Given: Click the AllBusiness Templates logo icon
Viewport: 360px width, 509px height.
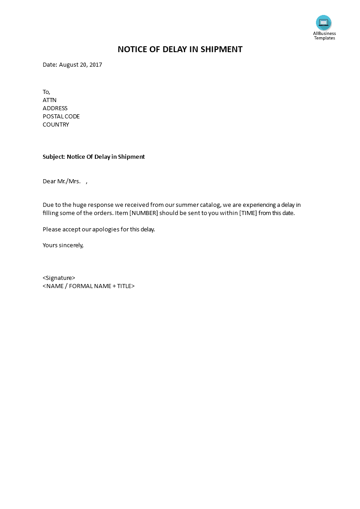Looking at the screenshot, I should click(x=324, y=23).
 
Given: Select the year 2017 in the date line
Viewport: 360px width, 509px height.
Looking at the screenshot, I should click(x=96, y=65).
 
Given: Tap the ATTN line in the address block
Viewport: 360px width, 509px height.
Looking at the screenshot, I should click(x=49, y=100).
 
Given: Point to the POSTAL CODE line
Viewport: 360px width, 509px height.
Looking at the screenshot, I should click(x=61, y=117).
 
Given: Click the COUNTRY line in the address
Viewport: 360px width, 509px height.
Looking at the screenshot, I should click(x=56, y=125).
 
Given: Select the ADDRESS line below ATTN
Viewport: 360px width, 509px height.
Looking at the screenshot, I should click(x=55, y=108).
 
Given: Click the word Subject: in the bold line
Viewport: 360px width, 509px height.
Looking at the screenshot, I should click(x=54, y=157).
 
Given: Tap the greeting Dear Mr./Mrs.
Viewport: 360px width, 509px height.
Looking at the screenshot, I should click(x=62, y=181).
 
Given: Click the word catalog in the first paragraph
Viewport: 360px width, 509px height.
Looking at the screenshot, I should click(x=210, y=205).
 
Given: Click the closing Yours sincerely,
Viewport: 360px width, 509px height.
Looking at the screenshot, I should click(x=63, y=245).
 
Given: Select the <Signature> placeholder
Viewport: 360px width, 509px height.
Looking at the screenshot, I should click(x=59, y=278).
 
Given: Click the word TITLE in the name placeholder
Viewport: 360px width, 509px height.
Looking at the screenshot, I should click(x=124, y=286).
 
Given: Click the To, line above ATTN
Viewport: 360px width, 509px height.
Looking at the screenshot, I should click(x=46, y=92).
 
